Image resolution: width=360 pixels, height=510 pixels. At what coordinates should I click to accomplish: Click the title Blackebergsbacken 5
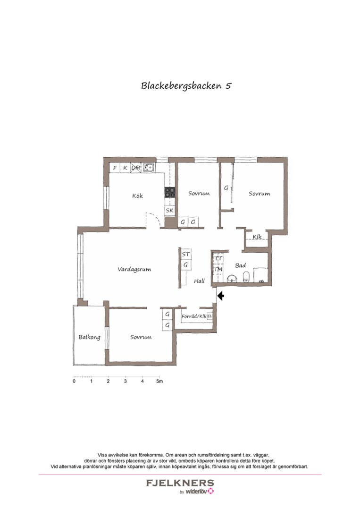(x=186, y=86)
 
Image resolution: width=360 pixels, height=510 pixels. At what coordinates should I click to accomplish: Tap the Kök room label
(x=137, y=196)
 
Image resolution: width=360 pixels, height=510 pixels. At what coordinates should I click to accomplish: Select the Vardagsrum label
(x=134, y=270)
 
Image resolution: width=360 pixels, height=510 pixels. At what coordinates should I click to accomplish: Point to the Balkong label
(x=89, y=337)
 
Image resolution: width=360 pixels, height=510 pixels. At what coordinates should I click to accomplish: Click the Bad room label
(x=240, y=265)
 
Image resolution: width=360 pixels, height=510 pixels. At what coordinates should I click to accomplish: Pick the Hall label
(x=199, y=281)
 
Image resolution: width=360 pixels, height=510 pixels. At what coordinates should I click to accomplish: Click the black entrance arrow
(x=220, y=296)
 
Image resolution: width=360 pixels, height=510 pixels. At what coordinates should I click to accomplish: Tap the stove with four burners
(x=170, y=192)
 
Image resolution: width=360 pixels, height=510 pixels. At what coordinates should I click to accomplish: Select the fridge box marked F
(x=115, y=168)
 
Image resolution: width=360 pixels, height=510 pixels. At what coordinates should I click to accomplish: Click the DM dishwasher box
(x=136, y=168)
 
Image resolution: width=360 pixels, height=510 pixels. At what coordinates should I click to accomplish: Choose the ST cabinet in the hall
(x=186, y=255)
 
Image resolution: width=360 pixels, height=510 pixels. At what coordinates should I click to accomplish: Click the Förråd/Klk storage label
(x=194, y=316)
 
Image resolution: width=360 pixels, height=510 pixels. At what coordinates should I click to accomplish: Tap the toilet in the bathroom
(x=245, y=277)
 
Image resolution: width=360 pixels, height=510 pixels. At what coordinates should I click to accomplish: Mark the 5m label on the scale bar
(x=160, y=382)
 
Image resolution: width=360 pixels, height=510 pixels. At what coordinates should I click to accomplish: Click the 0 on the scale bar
(x=74, y=382)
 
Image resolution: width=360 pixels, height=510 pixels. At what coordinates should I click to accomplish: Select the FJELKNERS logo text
(x=180, y=483)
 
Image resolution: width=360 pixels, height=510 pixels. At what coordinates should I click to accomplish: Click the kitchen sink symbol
(x=149, y=167)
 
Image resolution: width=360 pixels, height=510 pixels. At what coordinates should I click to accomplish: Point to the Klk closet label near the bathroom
(x=257, y=237)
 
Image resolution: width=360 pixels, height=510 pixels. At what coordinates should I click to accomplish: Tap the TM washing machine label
(x=218, y=269)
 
